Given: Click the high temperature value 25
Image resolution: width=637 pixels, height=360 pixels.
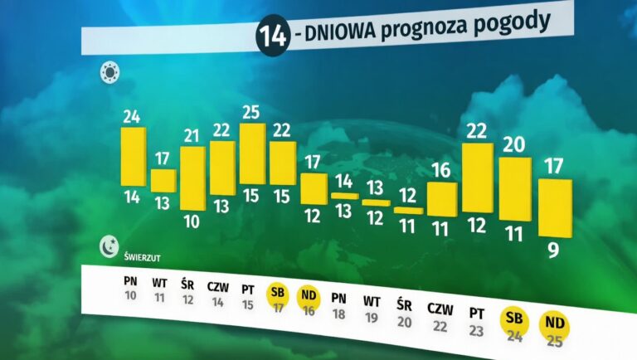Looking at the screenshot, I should tap(251, 112).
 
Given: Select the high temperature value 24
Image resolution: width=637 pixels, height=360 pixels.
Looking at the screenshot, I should tap(131, 116).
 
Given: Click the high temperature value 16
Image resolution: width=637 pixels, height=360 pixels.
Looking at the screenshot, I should tap(440, 171).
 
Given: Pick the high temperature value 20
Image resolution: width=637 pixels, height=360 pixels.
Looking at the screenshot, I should tap(514, 144).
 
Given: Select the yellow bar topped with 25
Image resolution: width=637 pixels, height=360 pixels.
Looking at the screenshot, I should tap(252, 153).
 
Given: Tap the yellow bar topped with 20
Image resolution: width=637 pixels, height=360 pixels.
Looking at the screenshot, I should tap(514, 188).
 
